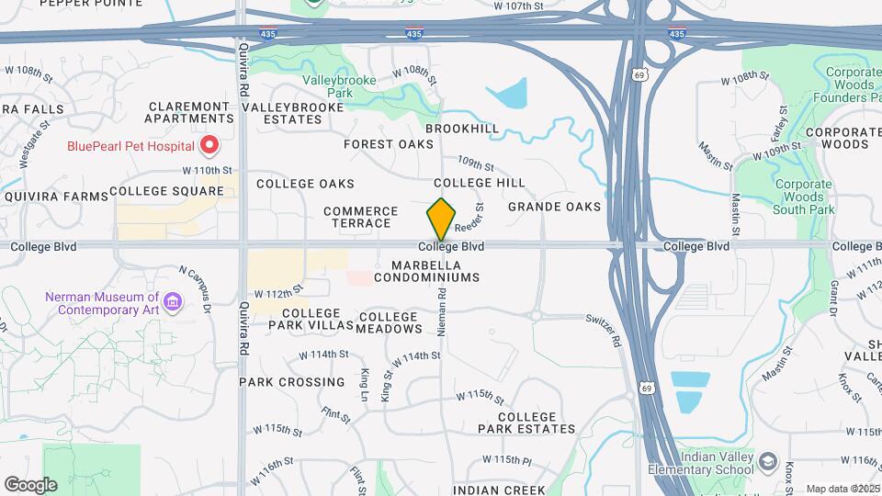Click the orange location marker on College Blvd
point(441,220)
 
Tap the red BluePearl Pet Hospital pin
point(209,145)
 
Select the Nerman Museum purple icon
point(171,301)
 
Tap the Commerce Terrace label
point(361,217)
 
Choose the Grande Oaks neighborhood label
point(554,207)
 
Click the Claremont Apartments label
point(190,112)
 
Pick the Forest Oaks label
point(389,144)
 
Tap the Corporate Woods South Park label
point(803,197)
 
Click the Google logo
point(30,484)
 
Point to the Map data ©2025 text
point(842,489)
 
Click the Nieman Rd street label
point(442,312)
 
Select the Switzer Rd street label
point(603,329)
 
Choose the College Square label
point(166,191)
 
